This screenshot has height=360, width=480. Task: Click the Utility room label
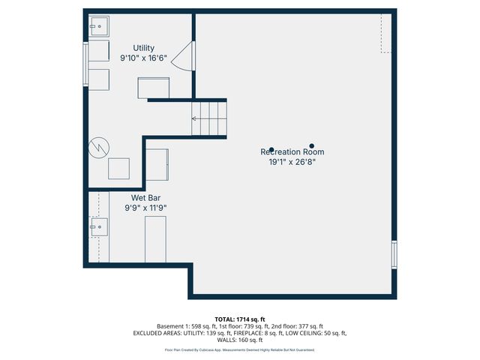click(x=144, y=48)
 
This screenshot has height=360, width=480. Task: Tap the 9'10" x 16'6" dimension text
click(x=144, y=58)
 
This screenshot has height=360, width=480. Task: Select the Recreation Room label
click(x=292, y=151)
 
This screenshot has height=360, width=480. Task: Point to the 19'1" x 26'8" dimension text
click(x=292, y=161)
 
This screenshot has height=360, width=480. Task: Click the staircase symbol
click(x=208, y=118)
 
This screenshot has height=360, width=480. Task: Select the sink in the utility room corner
click(x=97, y=27)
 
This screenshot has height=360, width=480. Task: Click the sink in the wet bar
click(x=98, y=226)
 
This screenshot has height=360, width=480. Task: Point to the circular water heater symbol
click(x=99, y=148)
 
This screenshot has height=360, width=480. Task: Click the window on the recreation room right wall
click(x=394, y=254)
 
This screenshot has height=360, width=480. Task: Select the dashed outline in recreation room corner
click(x=385, y=33)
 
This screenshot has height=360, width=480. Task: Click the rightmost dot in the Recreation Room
click(x=312, y=146)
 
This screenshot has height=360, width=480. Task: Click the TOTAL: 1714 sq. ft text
click(x=240, y=319)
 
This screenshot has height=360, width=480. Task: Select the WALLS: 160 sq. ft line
click(x=240, y=340)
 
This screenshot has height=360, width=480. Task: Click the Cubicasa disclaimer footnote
click(x=240, y=349)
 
